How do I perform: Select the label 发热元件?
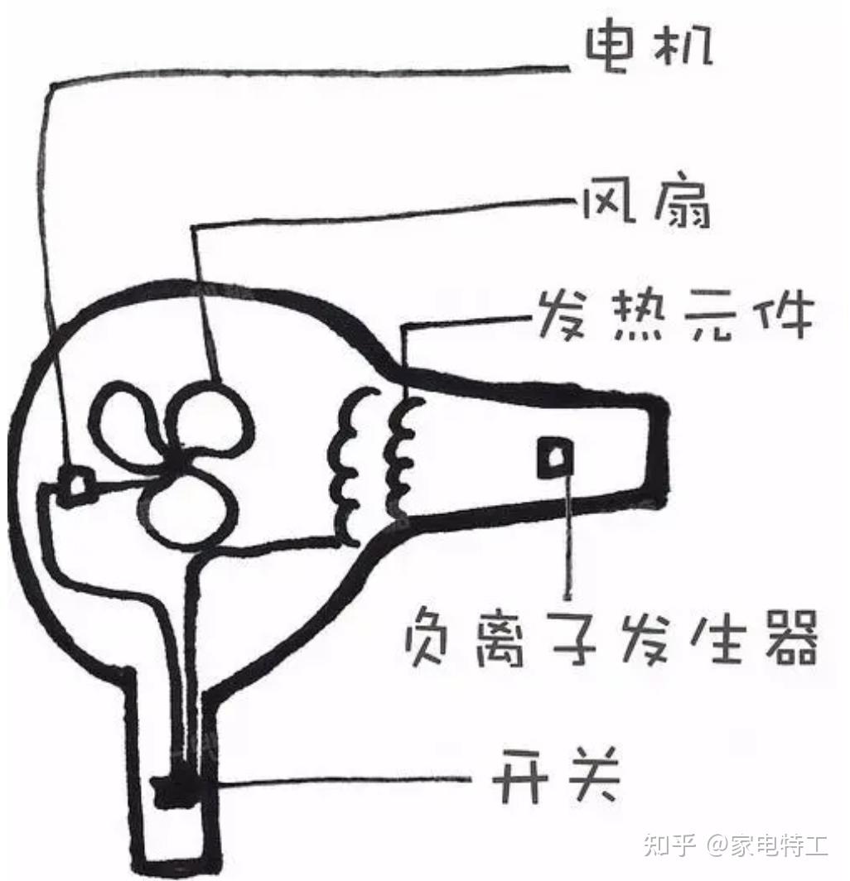point(675,315)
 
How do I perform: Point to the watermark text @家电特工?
point(767,845)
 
